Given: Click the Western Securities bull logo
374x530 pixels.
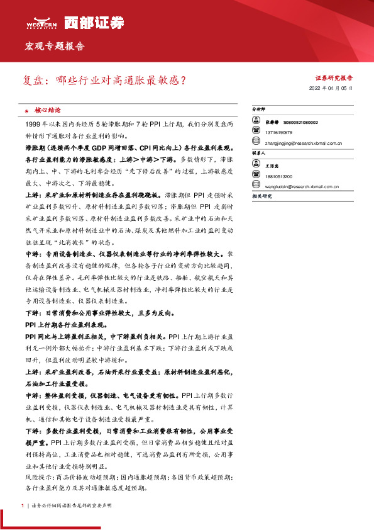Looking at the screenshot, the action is click(x=41, y=21).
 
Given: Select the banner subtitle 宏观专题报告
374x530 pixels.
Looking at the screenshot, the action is click(x=54, y=47).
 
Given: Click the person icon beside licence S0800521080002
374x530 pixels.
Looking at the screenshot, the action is click(x=256, y=122).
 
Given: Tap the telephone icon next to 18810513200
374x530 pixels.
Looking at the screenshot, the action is click(x=256, y=177).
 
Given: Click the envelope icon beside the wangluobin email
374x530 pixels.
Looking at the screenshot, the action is click(x=256, y=186).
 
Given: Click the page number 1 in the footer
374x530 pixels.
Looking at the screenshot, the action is click(x=22, y=505).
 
